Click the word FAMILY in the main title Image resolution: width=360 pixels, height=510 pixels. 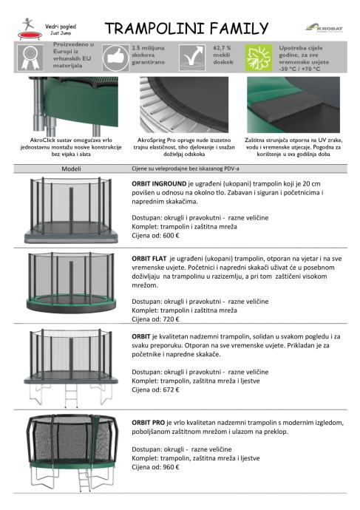[239, 29]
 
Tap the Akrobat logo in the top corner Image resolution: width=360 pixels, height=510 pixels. [324, 27]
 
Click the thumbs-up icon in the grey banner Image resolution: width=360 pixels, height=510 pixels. [116, 58]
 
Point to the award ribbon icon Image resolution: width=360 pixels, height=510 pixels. [30, 58]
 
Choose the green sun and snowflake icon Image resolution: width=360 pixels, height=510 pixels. [258, 58]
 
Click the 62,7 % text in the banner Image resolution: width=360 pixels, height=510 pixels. [222, 48]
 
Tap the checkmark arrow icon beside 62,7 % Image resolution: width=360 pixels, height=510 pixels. [192, 58]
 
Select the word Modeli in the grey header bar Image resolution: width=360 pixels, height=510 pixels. [71, 169]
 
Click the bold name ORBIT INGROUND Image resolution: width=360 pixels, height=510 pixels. [159, 184]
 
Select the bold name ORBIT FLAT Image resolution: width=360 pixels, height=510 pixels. [149, 259]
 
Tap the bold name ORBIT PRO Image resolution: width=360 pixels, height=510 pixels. [149, 423]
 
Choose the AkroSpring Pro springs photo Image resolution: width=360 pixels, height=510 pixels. [184, 105]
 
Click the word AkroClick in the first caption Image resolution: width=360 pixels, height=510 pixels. [41, 140]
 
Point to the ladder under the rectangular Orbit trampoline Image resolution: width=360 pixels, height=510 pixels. [71, 396]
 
